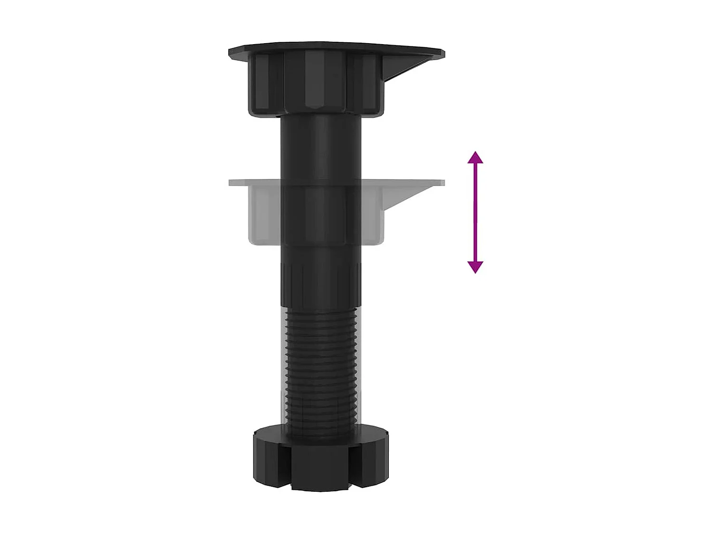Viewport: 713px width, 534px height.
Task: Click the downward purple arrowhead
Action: [475, 267]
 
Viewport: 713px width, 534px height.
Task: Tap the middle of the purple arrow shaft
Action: [475, 212]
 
